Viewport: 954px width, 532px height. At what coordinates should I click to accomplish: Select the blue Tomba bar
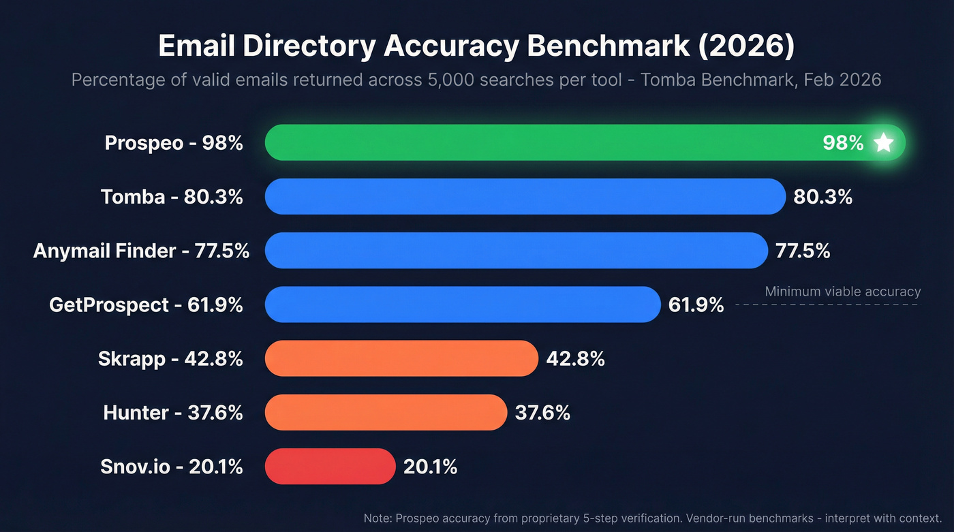(x=525, y=197)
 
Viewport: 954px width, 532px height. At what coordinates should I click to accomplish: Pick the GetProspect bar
(x=463, y=304)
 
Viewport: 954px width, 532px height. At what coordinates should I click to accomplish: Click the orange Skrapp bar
(x=401, y=358)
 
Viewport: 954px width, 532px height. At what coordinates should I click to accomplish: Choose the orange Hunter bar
(x=386, y=412)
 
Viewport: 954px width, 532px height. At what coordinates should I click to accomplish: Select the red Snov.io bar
(x=330, y=466)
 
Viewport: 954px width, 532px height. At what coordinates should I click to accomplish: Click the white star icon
(x=883, y=142)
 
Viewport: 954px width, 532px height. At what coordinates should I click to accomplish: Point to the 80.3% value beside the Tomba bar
(x=822, y=197)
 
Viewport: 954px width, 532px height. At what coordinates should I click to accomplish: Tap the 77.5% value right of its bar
(x=803, y=251)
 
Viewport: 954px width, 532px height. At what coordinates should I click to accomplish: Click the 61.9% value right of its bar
(x=696, y=304)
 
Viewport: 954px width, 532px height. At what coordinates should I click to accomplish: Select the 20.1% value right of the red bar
(x=430, y=467)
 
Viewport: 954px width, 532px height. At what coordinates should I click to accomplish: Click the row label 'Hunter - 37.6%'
(x=173, y=412)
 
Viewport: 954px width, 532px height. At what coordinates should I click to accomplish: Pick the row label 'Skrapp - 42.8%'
(x=170, y=358)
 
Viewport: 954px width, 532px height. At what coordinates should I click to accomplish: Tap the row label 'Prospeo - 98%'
(x=174, y=142)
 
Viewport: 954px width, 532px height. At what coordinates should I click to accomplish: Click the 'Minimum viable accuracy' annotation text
(x=842, y=292)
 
